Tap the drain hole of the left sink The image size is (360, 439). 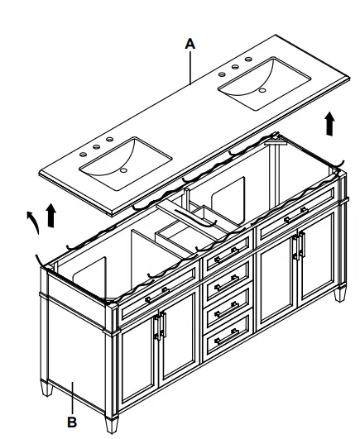(x=122, y=170)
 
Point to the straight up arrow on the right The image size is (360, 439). (x=329, y=124)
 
